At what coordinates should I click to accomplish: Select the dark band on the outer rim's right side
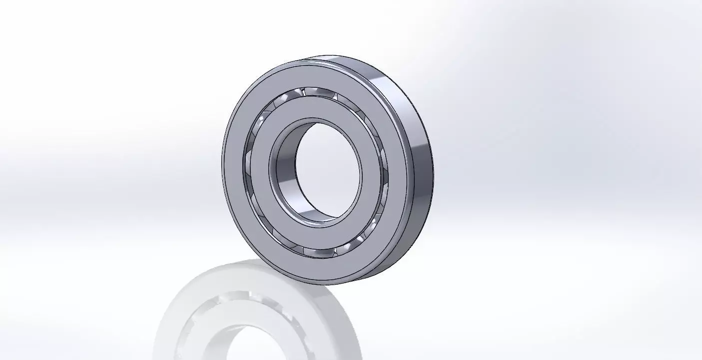coord(425,165)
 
